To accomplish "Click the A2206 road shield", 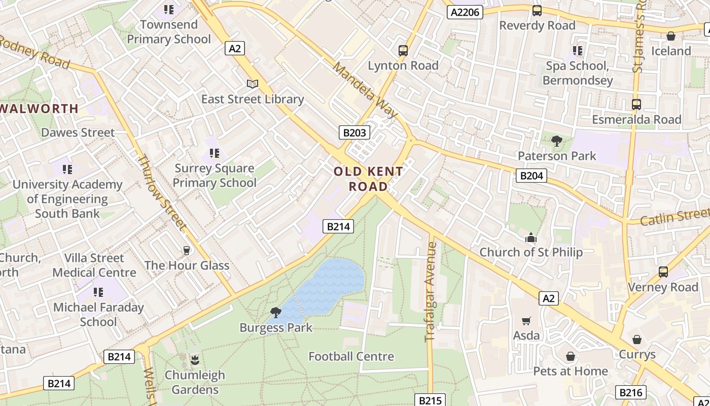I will (465, 12).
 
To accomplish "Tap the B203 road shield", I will (354, 133).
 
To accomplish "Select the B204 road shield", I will (531, 176).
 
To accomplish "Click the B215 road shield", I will (430, 400).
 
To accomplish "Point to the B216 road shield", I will (631, 392).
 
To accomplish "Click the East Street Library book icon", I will (252, 84).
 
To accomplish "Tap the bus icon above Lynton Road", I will (403, 50).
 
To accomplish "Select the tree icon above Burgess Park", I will (276, 313).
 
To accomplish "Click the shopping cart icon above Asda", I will (526, 321).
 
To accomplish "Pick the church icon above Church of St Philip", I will (531, 238).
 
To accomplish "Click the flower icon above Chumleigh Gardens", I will (195, 361).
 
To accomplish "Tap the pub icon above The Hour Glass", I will (186, 250).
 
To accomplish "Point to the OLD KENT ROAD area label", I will (369, 179).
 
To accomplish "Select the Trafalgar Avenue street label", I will (431, 291).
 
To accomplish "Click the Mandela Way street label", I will (365, 90).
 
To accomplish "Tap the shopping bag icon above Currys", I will (637, 340).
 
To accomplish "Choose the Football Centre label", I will (351, 356).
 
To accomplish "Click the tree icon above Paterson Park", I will (557, 141).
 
